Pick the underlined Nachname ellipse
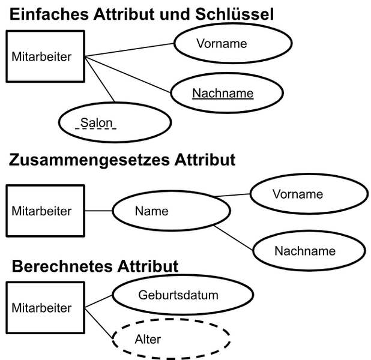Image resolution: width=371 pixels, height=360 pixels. tap(223, 93)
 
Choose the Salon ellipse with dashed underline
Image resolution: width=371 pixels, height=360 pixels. tap(115, 123)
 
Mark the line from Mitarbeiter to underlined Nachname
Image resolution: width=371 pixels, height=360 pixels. tap(129, 75)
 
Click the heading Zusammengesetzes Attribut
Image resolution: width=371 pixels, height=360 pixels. tap(121, 161)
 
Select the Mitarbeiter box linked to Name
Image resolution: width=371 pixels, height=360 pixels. tap(44, 211)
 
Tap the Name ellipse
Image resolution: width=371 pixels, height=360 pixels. tap(160, 211)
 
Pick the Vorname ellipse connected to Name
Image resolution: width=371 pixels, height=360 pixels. tap(298, 194)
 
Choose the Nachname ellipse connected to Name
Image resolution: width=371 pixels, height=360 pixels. tap(304, 251)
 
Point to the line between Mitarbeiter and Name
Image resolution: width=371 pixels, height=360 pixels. tap(98, 211)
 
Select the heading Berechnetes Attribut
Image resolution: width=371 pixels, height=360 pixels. tap(95, 266)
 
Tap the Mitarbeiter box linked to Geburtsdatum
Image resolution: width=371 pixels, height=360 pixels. tap(44, 308)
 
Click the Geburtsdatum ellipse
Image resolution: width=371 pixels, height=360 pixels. tap(178, 295)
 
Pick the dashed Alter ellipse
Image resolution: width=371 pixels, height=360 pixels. tap(172, 340)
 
